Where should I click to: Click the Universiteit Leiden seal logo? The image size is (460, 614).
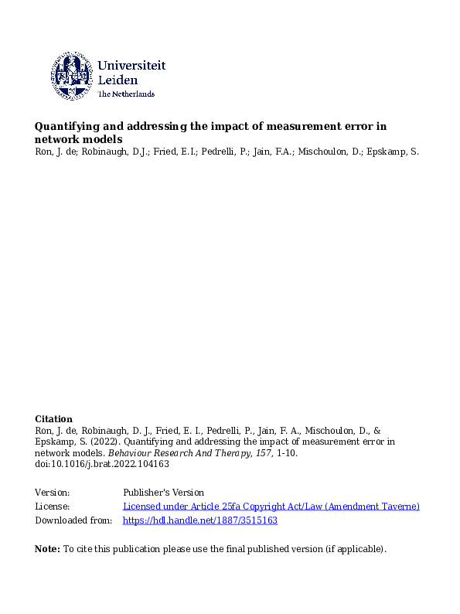(73, 76)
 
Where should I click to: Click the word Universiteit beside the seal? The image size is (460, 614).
(131, 67)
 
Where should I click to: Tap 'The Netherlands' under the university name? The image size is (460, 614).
(126, 94)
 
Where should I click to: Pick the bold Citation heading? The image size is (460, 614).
(54, 419)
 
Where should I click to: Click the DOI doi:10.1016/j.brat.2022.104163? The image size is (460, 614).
(102, 465)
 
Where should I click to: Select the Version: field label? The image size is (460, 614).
(53, 493)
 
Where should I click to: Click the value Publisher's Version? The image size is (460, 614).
(163, 493)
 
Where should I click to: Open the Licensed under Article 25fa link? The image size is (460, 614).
(271, 507)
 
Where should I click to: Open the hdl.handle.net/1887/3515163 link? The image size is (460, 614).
(199, 520)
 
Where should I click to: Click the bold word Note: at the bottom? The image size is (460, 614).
(47, 550)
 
